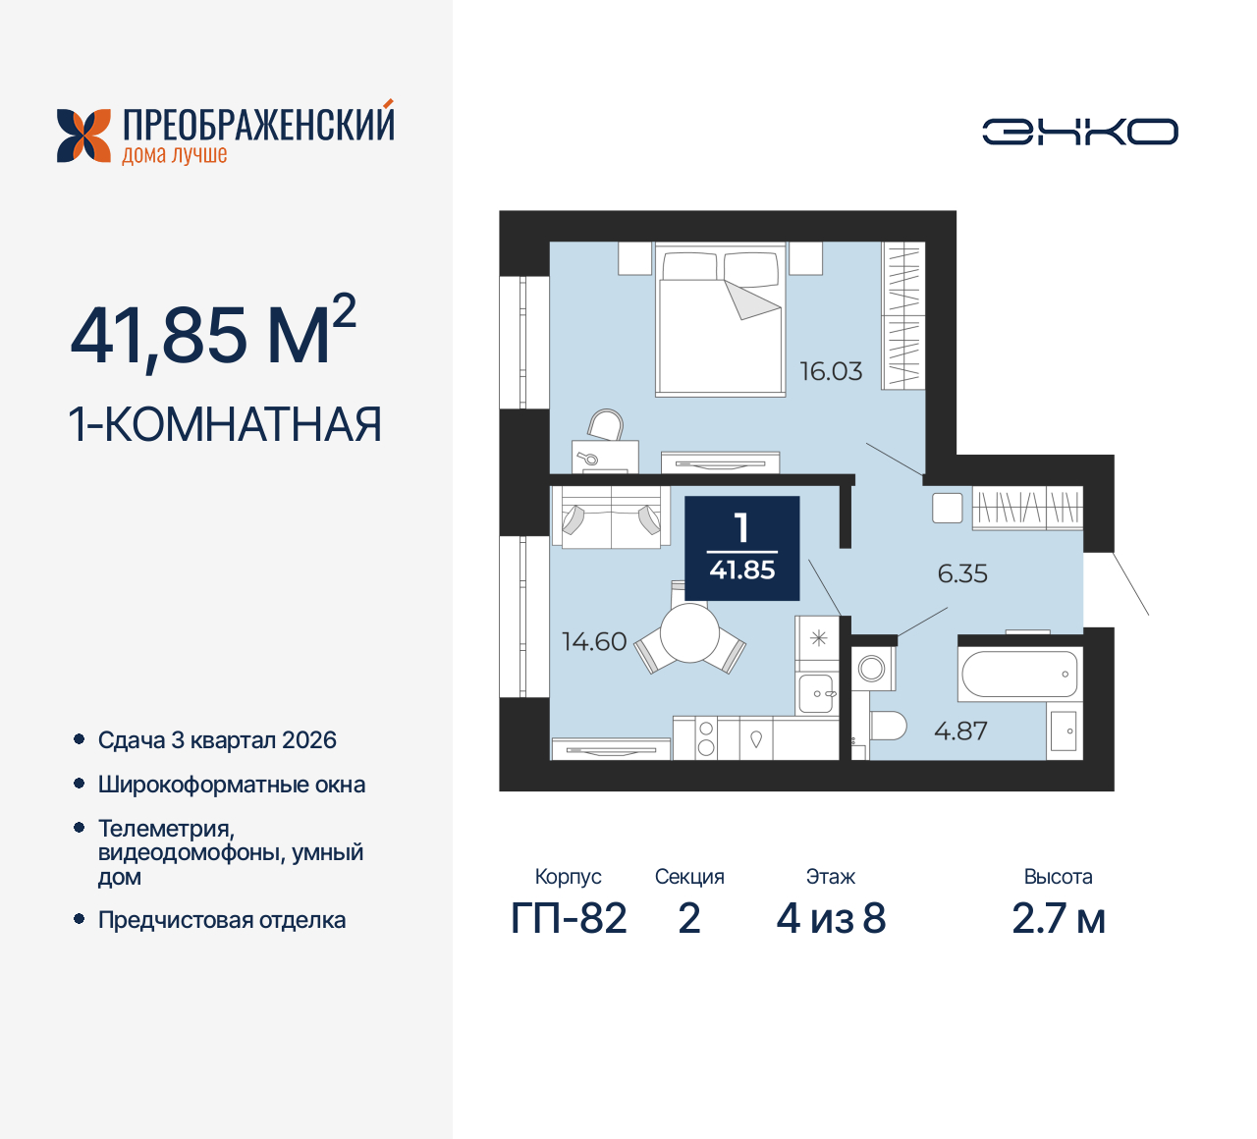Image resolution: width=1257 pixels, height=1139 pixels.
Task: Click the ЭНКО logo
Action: click(x=1080, y=132)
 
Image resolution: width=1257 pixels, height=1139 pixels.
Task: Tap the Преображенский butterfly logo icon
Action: click(x=83, y=136)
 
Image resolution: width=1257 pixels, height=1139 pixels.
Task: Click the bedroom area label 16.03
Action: click(x=831, y=371)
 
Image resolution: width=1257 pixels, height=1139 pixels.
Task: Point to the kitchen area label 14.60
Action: click(x=593, y=641)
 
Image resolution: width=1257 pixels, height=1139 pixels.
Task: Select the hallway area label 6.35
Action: click(x=962, y=573)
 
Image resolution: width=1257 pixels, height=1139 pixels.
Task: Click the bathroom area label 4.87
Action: click(x=960, y=731)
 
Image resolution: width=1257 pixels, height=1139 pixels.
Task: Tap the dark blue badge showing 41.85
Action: click(x=742, y=548)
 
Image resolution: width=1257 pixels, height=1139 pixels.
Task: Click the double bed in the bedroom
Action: click(x=721, y=324)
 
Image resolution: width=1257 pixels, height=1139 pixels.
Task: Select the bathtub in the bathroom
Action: click(x=1019, y=675)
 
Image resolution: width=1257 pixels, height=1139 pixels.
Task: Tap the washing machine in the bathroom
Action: click(x=872, y=670)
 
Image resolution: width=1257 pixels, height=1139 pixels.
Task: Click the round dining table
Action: click(x=689, y=633)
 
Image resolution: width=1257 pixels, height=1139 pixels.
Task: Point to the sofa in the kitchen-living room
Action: click(x=610, y=517)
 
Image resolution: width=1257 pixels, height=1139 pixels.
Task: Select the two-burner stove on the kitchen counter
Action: click(x=706, y=737)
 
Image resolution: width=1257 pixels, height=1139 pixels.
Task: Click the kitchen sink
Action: click(x=816, y=693)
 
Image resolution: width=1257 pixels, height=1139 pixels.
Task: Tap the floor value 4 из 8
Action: click(x=831, y=919)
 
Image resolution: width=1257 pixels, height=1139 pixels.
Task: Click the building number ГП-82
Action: click(x=569, y=919)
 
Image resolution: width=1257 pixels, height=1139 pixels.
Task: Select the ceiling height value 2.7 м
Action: click(x=1058, y=919)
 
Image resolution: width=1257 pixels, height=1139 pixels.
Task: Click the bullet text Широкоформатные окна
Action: click(x=232, y=785)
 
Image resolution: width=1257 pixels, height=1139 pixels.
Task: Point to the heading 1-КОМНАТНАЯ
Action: click(x=225, y=425)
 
